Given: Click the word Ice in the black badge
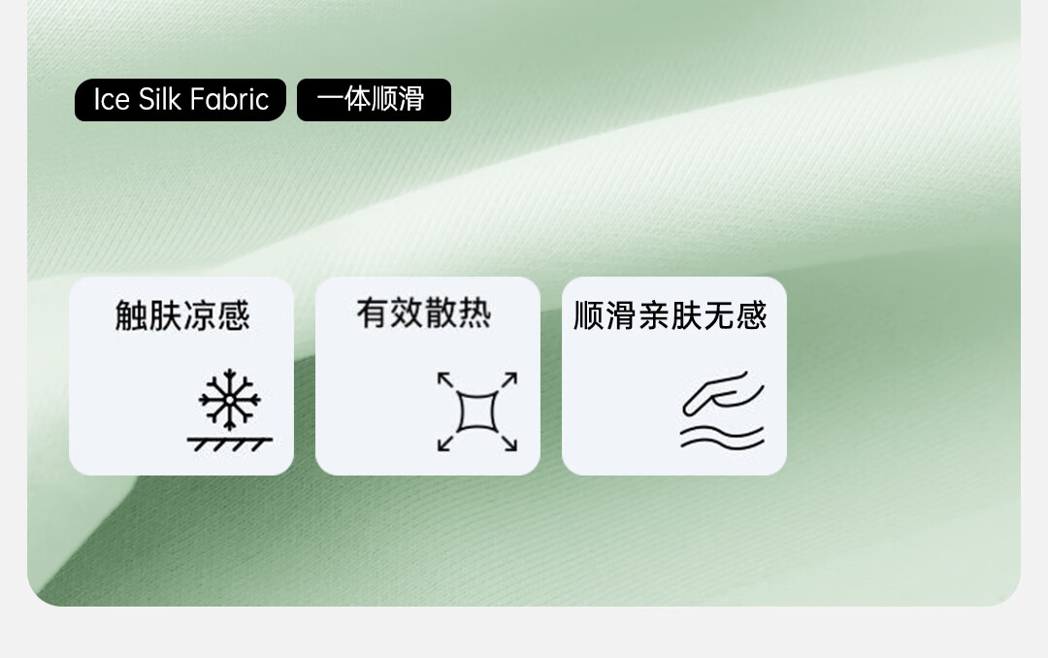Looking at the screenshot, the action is tap(111, 100).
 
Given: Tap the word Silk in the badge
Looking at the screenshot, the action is tap(159, 100).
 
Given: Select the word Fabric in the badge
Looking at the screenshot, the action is tap(229, 100).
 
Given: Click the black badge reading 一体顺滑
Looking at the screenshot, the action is tap(374, 100).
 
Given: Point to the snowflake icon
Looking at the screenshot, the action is tap(229, 399).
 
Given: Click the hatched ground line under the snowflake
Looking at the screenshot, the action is tap(229, 444).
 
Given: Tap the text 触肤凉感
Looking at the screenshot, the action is tap(182, 315).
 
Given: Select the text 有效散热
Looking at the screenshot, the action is tap(424, 313).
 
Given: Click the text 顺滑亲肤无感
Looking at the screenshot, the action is tap(671, 315).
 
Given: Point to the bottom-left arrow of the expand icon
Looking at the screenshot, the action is tap(445, 443).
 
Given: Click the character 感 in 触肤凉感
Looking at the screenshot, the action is tap(234, 315).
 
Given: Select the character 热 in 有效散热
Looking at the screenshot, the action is tap(475, 313).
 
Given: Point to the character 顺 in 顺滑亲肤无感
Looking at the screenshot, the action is tap(589, 315).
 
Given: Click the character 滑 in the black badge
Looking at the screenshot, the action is tap(411, 100).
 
